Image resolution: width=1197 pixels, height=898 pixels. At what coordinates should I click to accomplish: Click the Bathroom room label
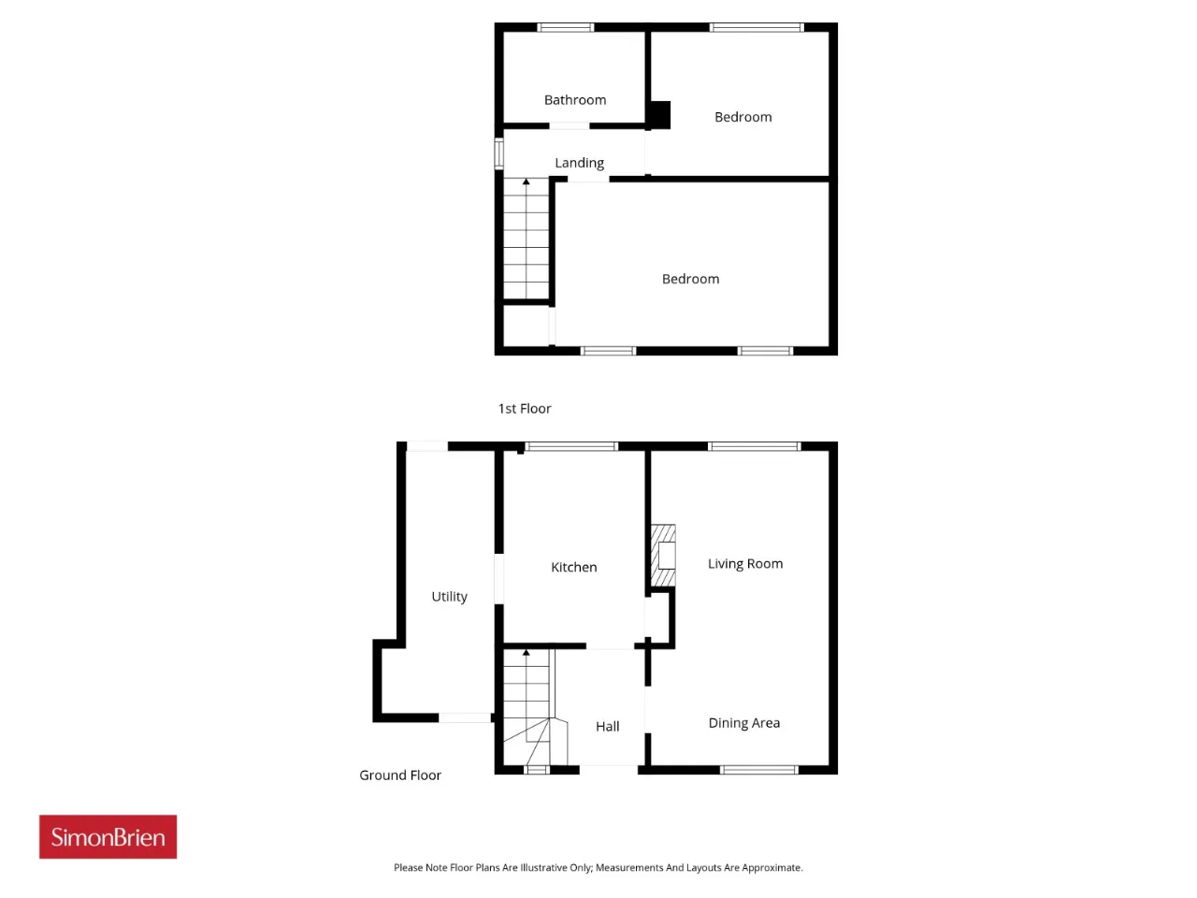[575, 100]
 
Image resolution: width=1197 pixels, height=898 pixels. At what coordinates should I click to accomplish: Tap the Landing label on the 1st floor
[579, 163]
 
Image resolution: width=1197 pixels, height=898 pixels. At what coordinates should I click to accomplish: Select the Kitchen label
[573, 567]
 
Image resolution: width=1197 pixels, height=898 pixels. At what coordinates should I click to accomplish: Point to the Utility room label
[449, 597]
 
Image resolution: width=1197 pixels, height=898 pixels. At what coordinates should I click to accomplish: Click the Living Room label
[745, 564]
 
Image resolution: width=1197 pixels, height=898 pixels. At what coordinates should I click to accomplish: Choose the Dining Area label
[743, 723]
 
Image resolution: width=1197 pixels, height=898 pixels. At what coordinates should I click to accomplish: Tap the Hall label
[607, 726]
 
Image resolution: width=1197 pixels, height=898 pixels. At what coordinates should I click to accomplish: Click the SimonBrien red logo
[108, 837]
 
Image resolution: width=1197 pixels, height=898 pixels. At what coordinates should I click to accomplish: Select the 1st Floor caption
[524, 409]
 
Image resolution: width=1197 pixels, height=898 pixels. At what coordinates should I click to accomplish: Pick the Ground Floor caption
[399, 775]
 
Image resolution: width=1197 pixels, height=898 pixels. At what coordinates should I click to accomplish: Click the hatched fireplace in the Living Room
[663, 555]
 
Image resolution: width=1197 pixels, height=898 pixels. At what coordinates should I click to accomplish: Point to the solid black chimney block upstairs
[659, 115]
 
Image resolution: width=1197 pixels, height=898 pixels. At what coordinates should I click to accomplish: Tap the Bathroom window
[565, 27]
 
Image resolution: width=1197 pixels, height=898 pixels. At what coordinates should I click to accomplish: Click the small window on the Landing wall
[498, 153]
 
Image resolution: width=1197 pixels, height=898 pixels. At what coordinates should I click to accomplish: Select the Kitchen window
[571, 446]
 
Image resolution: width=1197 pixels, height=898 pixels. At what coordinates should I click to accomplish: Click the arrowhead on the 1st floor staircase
[526, 181]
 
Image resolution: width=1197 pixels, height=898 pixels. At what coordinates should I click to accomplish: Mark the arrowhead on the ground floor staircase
[526, 652]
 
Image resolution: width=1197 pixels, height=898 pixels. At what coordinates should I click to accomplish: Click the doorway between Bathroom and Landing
[569, 126]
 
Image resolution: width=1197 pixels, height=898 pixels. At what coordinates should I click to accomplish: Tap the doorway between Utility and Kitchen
[498, 578]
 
